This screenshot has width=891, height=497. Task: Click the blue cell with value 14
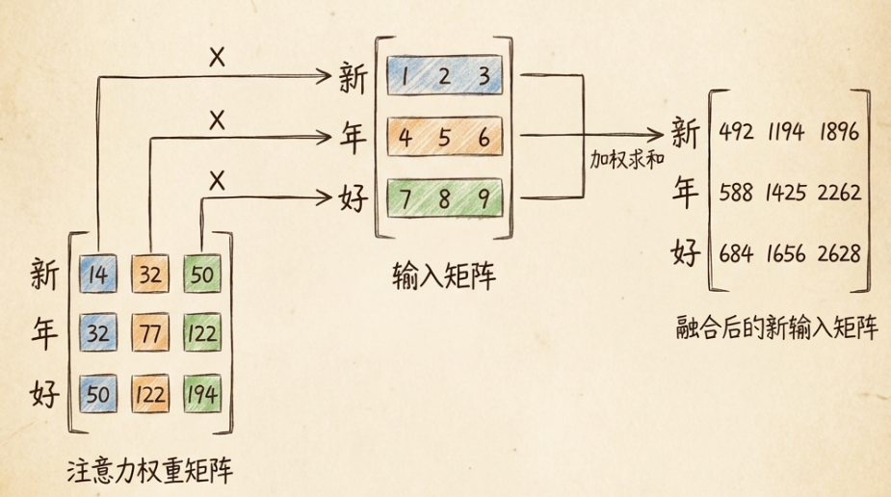(97, 275)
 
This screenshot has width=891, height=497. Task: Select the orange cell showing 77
(149, 335)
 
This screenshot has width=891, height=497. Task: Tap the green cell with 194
(201, 395)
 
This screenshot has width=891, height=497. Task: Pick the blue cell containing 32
(97, 335)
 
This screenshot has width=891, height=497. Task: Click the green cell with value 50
(201, 275)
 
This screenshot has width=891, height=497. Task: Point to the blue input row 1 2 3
(444, 77)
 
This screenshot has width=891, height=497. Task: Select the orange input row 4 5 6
(444, 138)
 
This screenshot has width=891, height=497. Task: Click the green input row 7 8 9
(444, 200)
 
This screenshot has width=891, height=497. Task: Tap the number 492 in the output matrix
(737, 131)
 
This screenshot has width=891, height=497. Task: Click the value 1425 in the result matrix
(787, 193)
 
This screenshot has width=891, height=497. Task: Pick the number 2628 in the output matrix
(838, 253)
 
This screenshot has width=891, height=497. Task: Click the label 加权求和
(627, 159)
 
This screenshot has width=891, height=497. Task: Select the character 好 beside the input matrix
(353, 200)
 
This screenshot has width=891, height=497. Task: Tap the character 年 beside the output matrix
(685, 193)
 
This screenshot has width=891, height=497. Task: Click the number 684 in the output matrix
(737, 253)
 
